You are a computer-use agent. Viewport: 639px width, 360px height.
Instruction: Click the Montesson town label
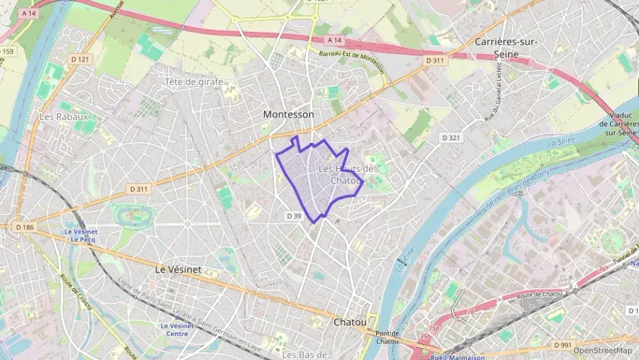tap(289, 115)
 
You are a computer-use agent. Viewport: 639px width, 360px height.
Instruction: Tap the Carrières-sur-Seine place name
tap(506, 47)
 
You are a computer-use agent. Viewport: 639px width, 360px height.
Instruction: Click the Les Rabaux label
tap(63, 117)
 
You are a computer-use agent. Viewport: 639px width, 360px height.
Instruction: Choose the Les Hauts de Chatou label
tap(346, 175)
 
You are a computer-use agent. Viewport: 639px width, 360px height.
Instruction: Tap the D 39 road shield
tap(294, 216)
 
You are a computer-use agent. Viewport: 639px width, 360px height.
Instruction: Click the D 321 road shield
tap(451, 137)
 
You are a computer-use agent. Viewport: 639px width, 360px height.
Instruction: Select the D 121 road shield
tap(79, 59)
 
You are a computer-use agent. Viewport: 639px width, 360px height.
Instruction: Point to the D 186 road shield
tap(25, 226)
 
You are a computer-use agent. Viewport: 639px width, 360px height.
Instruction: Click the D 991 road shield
tap(562, 344)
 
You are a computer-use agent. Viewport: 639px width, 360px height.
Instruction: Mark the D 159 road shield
tap(7, 51)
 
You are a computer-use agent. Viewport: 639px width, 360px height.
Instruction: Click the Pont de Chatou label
tap(386, 337)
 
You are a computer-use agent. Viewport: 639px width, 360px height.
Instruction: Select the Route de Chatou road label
tap(539, 294)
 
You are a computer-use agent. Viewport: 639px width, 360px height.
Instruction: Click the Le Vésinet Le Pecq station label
tap(81, 236)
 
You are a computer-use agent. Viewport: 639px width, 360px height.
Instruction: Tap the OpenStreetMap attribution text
tap(602, 350)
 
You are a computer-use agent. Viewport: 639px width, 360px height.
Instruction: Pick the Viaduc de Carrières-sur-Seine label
tap(619, 124)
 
